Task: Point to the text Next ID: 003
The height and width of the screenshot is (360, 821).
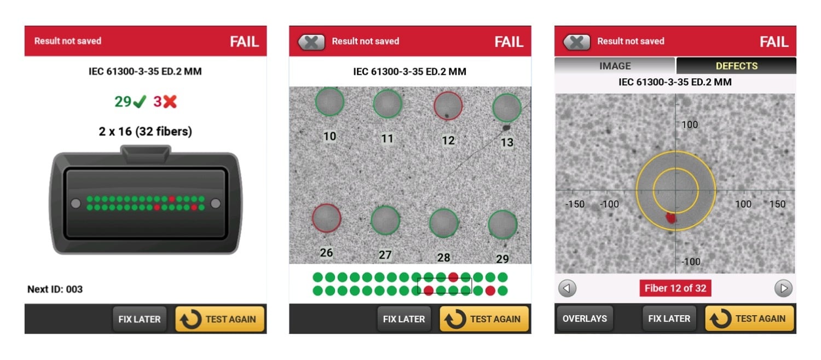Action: [x=55, y=289]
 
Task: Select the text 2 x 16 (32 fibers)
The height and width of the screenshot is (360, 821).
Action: [x=145, y=131]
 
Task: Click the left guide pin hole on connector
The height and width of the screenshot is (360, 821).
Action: [x=76, y=204]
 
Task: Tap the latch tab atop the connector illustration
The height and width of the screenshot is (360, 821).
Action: [x=145, y=151]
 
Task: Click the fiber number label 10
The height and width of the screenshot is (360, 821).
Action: [x=329, y=136]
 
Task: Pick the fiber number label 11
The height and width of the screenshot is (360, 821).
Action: [x=387, y=138]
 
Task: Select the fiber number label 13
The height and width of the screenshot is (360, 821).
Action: [x=507, y=142]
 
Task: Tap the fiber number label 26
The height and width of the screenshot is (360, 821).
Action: [x=326, y=253]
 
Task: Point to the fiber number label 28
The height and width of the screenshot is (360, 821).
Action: [x=443, y=257]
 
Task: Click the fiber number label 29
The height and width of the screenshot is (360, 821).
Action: [x=502, y=259]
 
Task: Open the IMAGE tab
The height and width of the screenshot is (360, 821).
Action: [x=615, y=66]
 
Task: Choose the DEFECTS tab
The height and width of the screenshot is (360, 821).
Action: [x=736, y=66]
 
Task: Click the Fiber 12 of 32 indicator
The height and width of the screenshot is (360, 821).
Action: [x=675, y=288]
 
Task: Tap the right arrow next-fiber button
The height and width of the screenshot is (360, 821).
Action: [x=783, y=288]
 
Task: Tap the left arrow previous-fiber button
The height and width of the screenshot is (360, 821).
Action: [x=567, y=288]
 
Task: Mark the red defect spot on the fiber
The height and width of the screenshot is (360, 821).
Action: [x=671, y=218]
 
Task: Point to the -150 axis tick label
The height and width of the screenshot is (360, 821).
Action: [x=574, y=204]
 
